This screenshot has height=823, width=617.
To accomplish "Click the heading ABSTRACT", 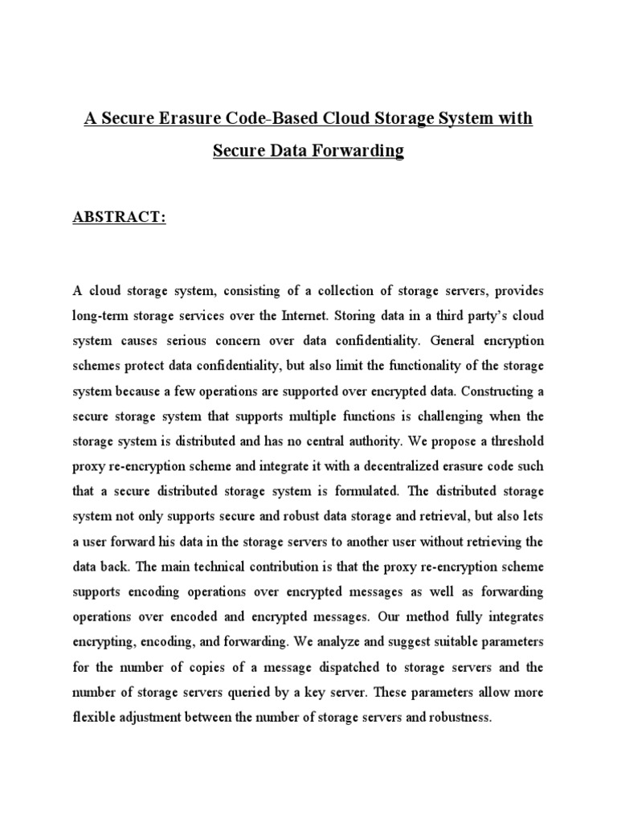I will tap(120, 218).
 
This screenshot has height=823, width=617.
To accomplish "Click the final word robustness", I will tap(456, 718).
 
